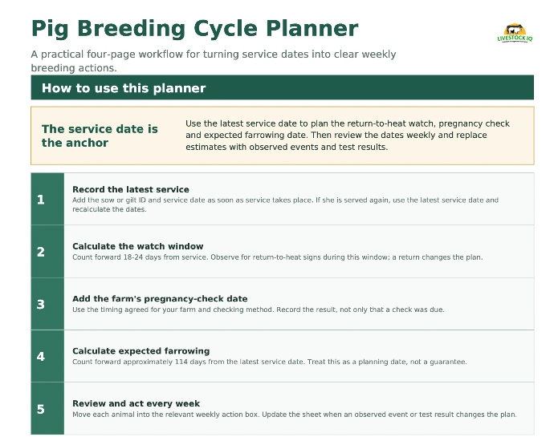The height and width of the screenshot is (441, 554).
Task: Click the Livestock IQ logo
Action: point(515,33)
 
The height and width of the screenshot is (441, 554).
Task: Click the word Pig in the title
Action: point(50,29)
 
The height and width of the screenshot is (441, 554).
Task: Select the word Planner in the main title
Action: point(312,28)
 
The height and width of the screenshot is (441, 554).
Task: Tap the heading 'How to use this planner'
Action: point(124,88)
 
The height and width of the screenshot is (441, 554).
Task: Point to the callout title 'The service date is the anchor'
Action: point(100,136)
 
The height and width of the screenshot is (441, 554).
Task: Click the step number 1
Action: point(41,200)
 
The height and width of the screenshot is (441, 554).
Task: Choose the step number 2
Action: point(41,252)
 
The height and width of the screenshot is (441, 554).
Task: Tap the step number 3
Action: point(41,304)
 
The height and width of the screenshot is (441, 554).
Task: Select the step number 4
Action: point(41,356)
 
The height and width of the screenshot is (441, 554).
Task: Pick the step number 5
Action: point(41,409)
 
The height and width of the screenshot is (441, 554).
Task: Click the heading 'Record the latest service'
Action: point(131,189)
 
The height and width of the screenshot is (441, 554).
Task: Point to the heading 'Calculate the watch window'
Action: point(138,246)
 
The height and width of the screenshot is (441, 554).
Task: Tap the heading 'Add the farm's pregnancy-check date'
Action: point(160,299)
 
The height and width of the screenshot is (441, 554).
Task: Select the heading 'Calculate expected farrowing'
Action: point(141,351)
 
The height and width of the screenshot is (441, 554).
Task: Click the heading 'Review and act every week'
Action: point(136,403)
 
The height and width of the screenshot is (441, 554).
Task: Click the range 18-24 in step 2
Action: point(132,257)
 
